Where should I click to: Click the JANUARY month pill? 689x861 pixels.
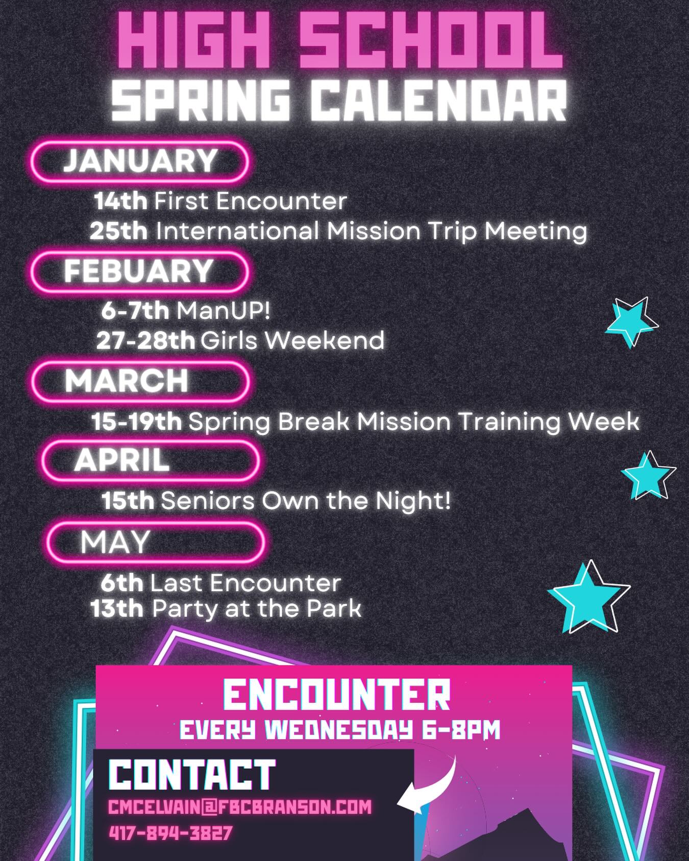(139, 161)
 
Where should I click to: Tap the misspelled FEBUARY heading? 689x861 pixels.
(138, 271)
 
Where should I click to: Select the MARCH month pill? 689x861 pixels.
(140, 381)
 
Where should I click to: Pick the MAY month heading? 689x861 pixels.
(115, 542)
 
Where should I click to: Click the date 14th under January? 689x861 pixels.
(120, 201)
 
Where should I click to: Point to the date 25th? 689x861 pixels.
(119, 231)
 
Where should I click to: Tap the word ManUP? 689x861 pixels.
(223, 311)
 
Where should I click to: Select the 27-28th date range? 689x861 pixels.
(145, 340)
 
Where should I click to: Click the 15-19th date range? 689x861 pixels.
(137, 422)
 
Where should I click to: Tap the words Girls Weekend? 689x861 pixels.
(292, 340)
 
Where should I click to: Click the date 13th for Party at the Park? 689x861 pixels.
(117, 608)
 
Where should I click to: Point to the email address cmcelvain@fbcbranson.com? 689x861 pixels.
(240, 807)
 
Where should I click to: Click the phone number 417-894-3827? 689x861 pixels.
(170, 833)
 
